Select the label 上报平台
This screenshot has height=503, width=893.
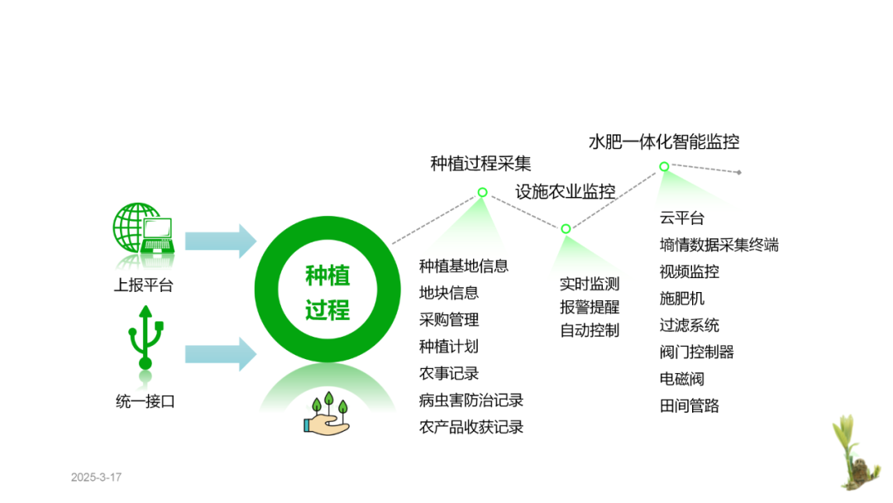pos(144,285)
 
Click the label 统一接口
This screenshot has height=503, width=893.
pos(146,402)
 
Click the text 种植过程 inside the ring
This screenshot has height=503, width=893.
pos(327,293)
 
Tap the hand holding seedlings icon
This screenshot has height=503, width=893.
pos(328,414)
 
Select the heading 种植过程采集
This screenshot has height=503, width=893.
pos(480,163)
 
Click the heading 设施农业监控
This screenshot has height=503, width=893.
pos(566,192)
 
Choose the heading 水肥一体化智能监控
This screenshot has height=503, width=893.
pos(664,141)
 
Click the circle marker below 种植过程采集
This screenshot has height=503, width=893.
pos(482,192)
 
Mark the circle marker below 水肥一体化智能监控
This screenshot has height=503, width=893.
pos(664,166)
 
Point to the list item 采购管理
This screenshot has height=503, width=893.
pos(449,319)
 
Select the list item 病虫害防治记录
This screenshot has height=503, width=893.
pos(471,400)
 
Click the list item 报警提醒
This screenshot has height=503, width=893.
pos(590,307)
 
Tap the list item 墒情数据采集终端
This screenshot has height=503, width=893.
pos(719,245)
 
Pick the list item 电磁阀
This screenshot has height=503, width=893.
pos(681,379)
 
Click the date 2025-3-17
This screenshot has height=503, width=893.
pos(96,477)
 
